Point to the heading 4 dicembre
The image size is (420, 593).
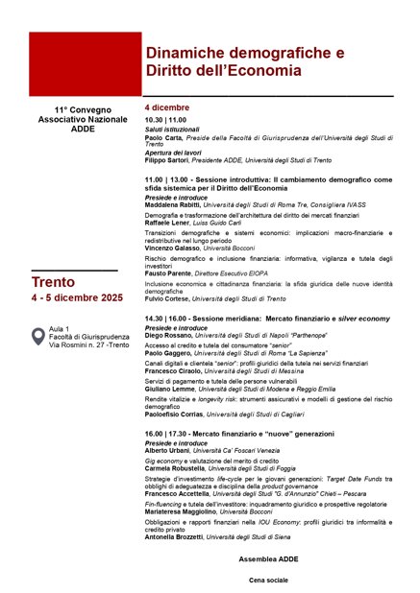pyautogui.click(x=167, y=107)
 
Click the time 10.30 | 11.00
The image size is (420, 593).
pyautogui.click(x=165, y=119)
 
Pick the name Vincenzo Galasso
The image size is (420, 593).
pyautogui.click(x=172, y=248)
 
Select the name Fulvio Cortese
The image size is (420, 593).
pyautogui.click(x=169, y=299)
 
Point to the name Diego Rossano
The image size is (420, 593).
pyautogui.click(x=168, y=336)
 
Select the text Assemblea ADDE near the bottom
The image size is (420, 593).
pyautogui.click(x=268, y=557)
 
